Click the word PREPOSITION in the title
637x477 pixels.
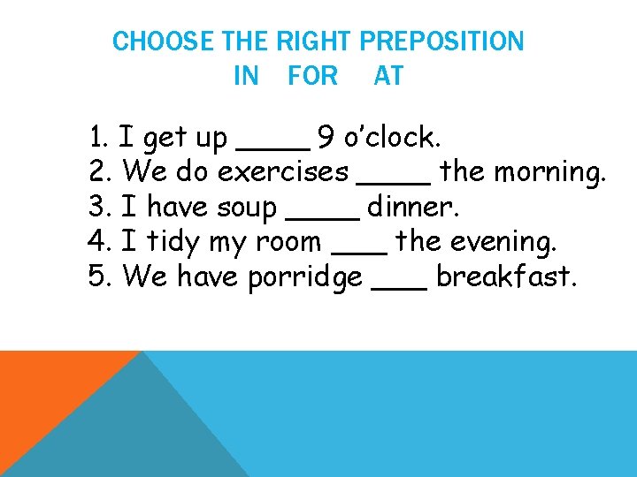441,42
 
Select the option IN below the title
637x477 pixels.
246,77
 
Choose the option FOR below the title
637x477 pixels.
312,77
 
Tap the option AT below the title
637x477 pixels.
388,77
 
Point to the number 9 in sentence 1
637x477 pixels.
326,138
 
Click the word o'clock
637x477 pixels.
391,138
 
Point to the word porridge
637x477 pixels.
305,277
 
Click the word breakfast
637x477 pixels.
507,276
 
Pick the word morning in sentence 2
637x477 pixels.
549,172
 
